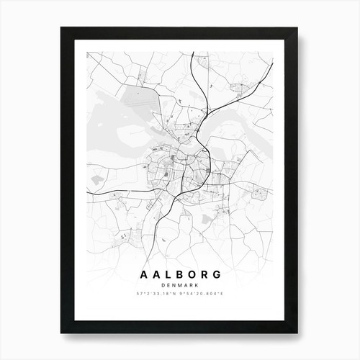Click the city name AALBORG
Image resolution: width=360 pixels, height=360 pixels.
[x=179, y=275]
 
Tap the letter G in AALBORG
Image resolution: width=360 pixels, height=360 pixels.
[x=220, y=275]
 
